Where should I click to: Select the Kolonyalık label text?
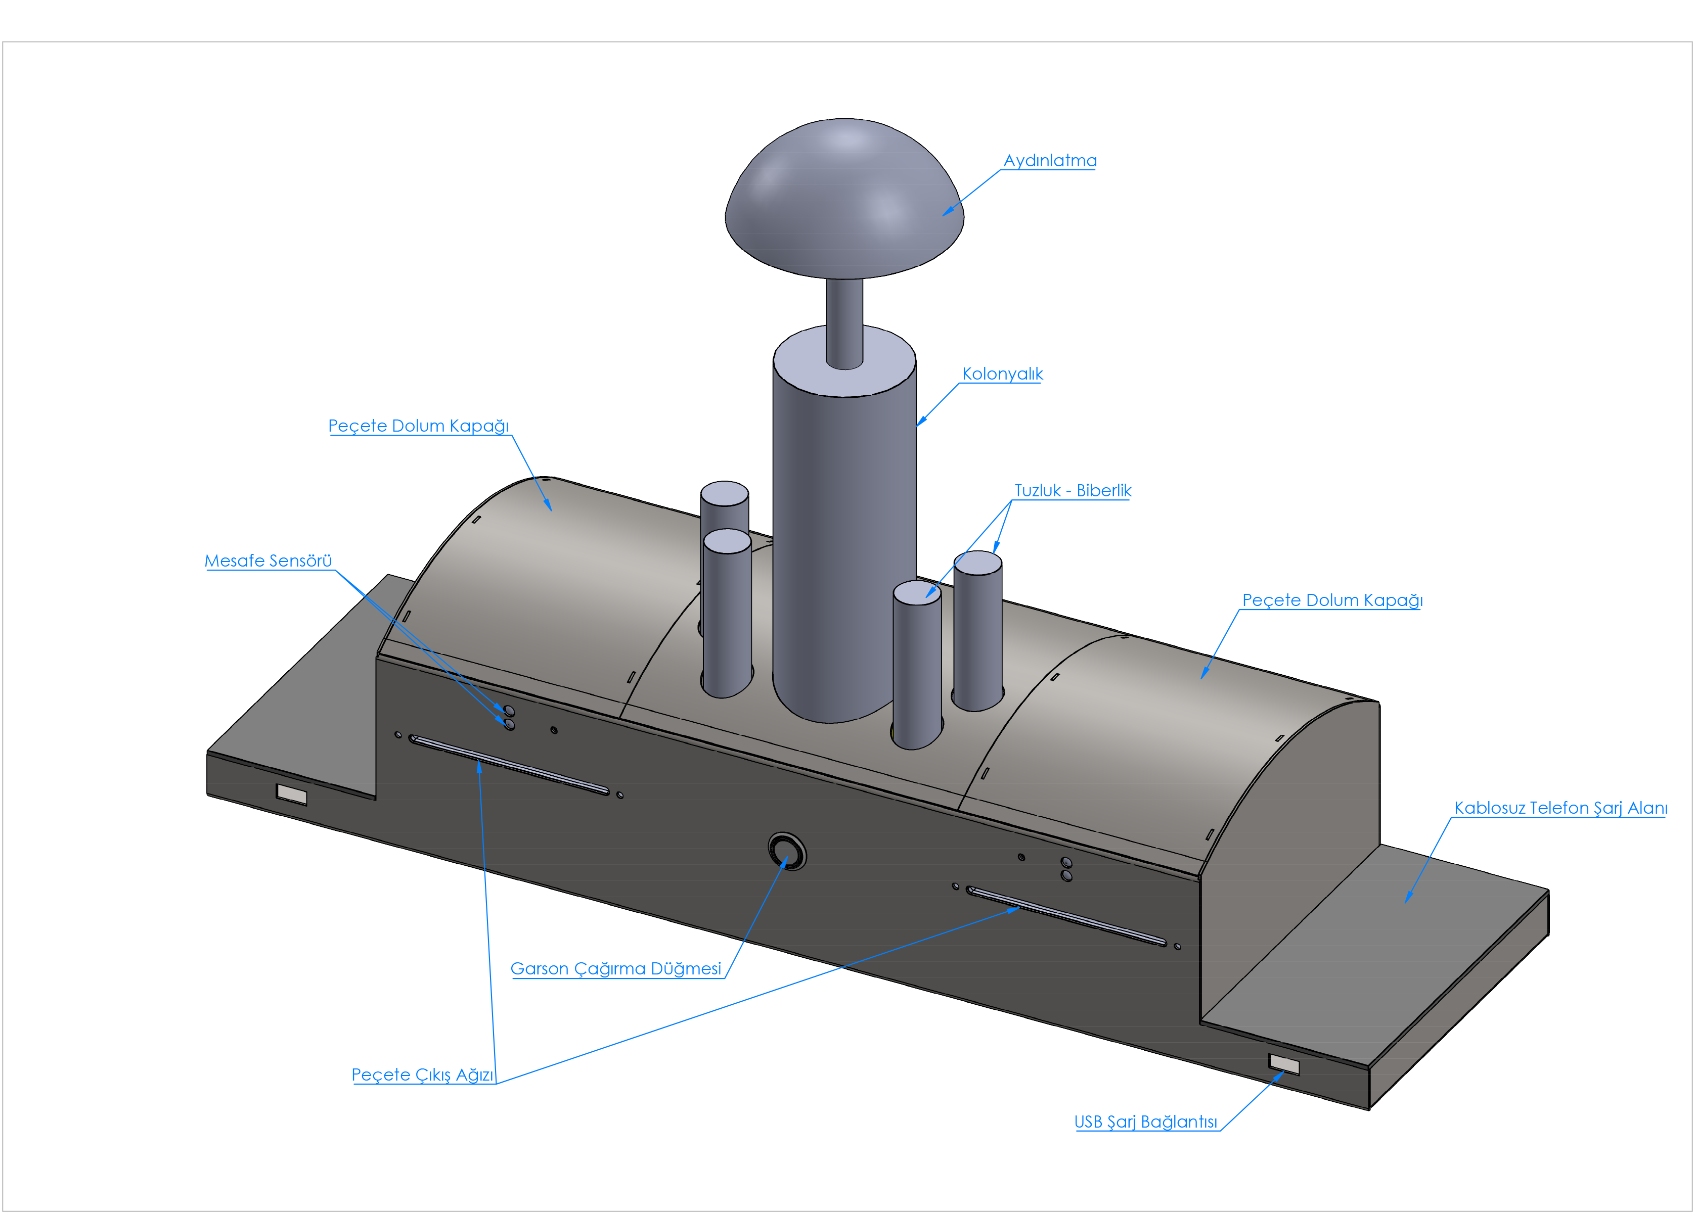(1002, 373)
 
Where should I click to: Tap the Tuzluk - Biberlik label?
(1073, 490)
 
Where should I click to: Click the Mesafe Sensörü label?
(269, 561)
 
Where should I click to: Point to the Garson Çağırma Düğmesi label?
(616, 968)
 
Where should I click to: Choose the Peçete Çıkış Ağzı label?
(422, 1075)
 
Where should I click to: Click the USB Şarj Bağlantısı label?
(1146, 1122)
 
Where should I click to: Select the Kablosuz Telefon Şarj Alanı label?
(1560, 808)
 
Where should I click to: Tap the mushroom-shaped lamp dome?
(844, 198)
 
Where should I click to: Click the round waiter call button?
(787, 851)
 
